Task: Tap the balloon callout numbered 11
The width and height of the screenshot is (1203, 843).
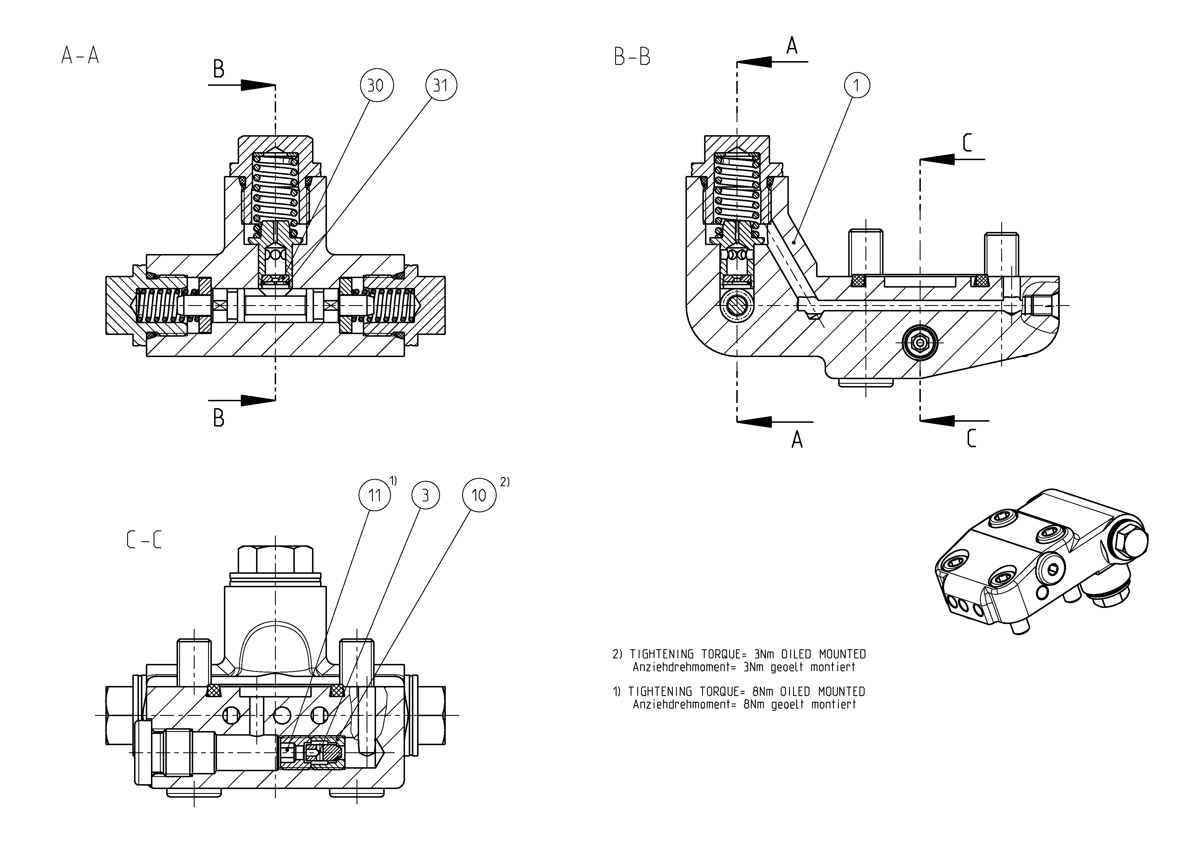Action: point(375,495)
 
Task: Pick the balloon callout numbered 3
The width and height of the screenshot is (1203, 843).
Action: point(425,495)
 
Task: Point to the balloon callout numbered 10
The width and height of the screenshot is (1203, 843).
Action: point(479,495)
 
